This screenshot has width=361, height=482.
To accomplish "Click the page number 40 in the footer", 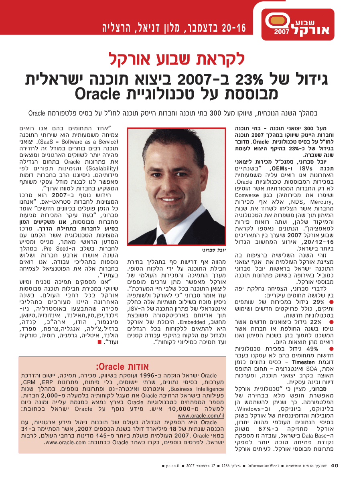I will pyautogui.click(x=335, y=465).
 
